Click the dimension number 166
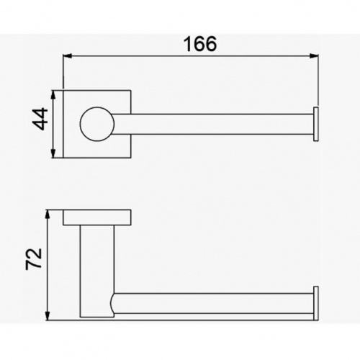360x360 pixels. pyautogui.click(x=200, y=44)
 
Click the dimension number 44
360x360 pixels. pyautogui.click(x=40, y=119)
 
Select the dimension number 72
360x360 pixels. pyautogui.click(x=34, y=259)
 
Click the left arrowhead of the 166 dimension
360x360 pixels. pyautogui.click(x=68, y=56)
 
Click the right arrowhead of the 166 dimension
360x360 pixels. pyautogui.click(x=314, y=56)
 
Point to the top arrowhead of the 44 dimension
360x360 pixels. pyautogui.click(x=53, y=95)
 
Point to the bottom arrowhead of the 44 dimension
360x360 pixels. pyautogui.click(x=53, y=153)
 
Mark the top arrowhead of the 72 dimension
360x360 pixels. pyautogui.click(x=48, y=215)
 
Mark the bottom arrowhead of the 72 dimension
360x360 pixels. pyautogui.click(x=48, y=315)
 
